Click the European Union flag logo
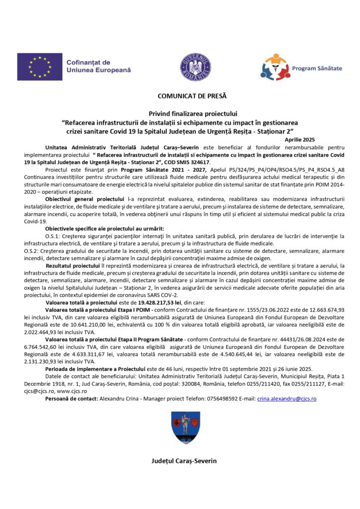(40, 67)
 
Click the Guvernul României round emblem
(194, 67)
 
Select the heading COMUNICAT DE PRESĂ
(184, 96)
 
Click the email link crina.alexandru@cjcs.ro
(286, 399)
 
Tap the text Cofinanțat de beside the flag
(88, 63)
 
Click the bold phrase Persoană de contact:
(72, 399)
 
